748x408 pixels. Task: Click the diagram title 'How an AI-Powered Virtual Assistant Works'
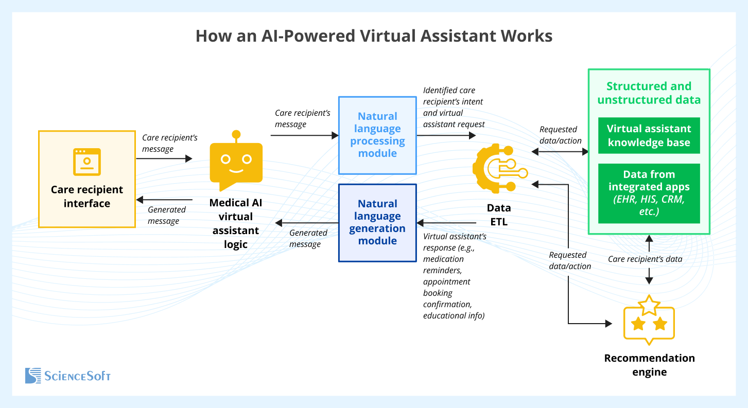coord(374,37)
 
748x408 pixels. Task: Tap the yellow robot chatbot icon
coord(236,161)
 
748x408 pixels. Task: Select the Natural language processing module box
coord(377,135)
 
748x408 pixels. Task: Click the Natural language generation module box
coord(377,222)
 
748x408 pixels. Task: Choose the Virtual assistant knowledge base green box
coord(649,136)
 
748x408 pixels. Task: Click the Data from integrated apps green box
coord(649,193)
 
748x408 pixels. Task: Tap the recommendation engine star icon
coord(649,320)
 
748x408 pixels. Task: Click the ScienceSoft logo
coord(68,376)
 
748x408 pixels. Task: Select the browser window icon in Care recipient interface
coord(86,162)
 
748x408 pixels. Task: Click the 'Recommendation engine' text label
coord(649,365)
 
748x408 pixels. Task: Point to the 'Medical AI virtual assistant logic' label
coord(236,223)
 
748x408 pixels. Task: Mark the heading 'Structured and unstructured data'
coord(649,93)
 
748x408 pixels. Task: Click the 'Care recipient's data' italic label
coord(645,259)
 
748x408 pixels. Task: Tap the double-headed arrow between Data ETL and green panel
coord(560,151)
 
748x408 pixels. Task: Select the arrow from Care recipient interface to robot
coord(164,158)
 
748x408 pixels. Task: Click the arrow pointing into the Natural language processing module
coord(304,135)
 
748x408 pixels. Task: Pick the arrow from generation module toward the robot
coord(306,223)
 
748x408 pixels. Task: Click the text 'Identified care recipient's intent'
coord(453,96)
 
